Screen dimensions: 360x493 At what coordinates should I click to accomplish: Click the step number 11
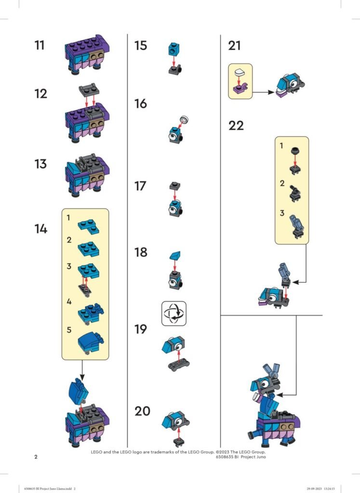(x=40, y=45)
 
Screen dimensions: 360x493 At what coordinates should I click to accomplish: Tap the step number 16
(x=141, y=104)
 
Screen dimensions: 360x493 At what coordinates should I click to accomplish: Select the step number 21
(x=234, y=46)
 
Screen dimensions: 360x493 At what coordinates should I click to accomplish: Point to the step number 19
(x=141, y=329)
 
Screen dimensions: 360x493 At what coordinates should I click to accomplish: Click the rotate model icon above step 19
(x=173, y=313)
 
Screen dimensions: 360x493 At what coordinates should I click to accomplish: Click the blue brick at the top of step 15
(x=173, y=49)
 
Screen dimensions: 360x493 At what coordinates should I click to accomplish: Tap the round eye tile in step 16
(x=184, y=120)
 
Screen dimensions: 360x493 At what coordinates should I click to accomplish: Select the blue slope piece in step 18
(x=175, y=255)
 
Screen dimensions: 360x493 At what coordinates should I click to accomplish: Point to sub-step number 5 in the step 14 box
(x=69, y=330)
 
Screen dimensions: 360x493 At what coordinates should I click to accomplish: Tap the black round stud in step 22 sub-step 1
(x=295, y=151)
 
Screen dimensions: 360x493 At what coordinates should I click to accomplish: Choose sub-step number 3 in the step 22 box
(x=282, y=213)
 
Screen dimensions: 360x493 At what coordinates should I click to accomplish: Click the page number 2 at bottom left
(x=36, y=457)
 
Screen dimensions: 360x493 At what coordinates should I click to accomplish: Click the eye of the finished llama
(x=265, y=384)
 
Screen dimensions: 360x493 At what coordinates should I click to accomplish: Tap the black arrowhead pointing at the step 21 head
(x=271, y=92)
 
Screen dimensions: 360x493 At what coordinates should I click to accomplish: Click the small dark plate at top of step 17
(x=175, y=186)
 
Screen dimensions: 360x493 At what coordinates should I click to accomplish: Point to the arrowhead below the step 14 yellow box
(x=82, y=377)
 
